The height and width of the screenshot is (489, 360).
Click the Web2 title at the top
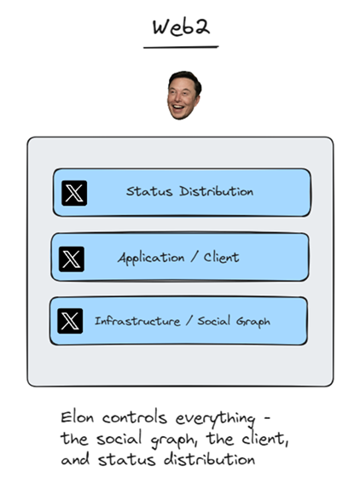(181, 27)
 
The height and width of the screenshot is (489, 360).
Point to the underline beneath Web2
(181, 48)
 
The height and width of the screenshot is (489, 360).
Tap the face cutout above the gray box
(184, 95)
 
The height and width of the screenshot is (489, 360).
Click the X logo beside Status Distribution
(74, 193)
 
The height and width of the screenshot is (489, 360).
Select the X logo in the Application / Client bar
(72, 259)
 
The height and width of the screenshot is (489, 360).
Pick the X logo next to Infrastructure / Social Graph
(70, 321)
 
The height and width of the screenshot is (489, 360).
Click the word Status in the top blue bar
(149, 191)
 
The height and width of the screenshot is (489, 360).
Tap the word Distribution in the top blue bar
(216, 191)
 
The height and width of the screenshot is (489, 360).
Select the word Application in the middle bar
(151, 259)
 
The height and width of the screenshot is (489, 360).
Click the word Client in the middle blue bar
(221, 257)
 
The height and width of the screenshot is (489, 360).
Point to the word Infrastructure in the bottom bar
(137, 321)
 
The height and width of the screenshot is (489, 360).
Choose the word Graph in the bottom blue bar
(253, 322)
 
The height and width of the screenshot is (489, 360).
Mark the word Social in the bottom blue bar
(214, 321)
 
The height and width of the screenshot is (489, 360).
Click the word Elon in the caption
(77, 417)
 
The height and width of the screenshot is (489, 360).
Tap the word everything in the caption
(215, 419)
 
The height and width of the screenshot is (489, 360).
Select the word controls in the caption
(134, 417)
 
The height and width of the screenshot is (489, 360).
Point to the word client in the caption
(265, 439)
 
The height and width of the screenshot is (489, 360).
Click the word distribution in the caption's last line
(210, 459)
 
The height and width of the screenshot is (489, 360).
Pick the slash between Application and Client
(195, 258)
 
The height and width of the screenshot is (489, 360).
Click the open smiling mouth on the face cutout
(177, 108)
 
